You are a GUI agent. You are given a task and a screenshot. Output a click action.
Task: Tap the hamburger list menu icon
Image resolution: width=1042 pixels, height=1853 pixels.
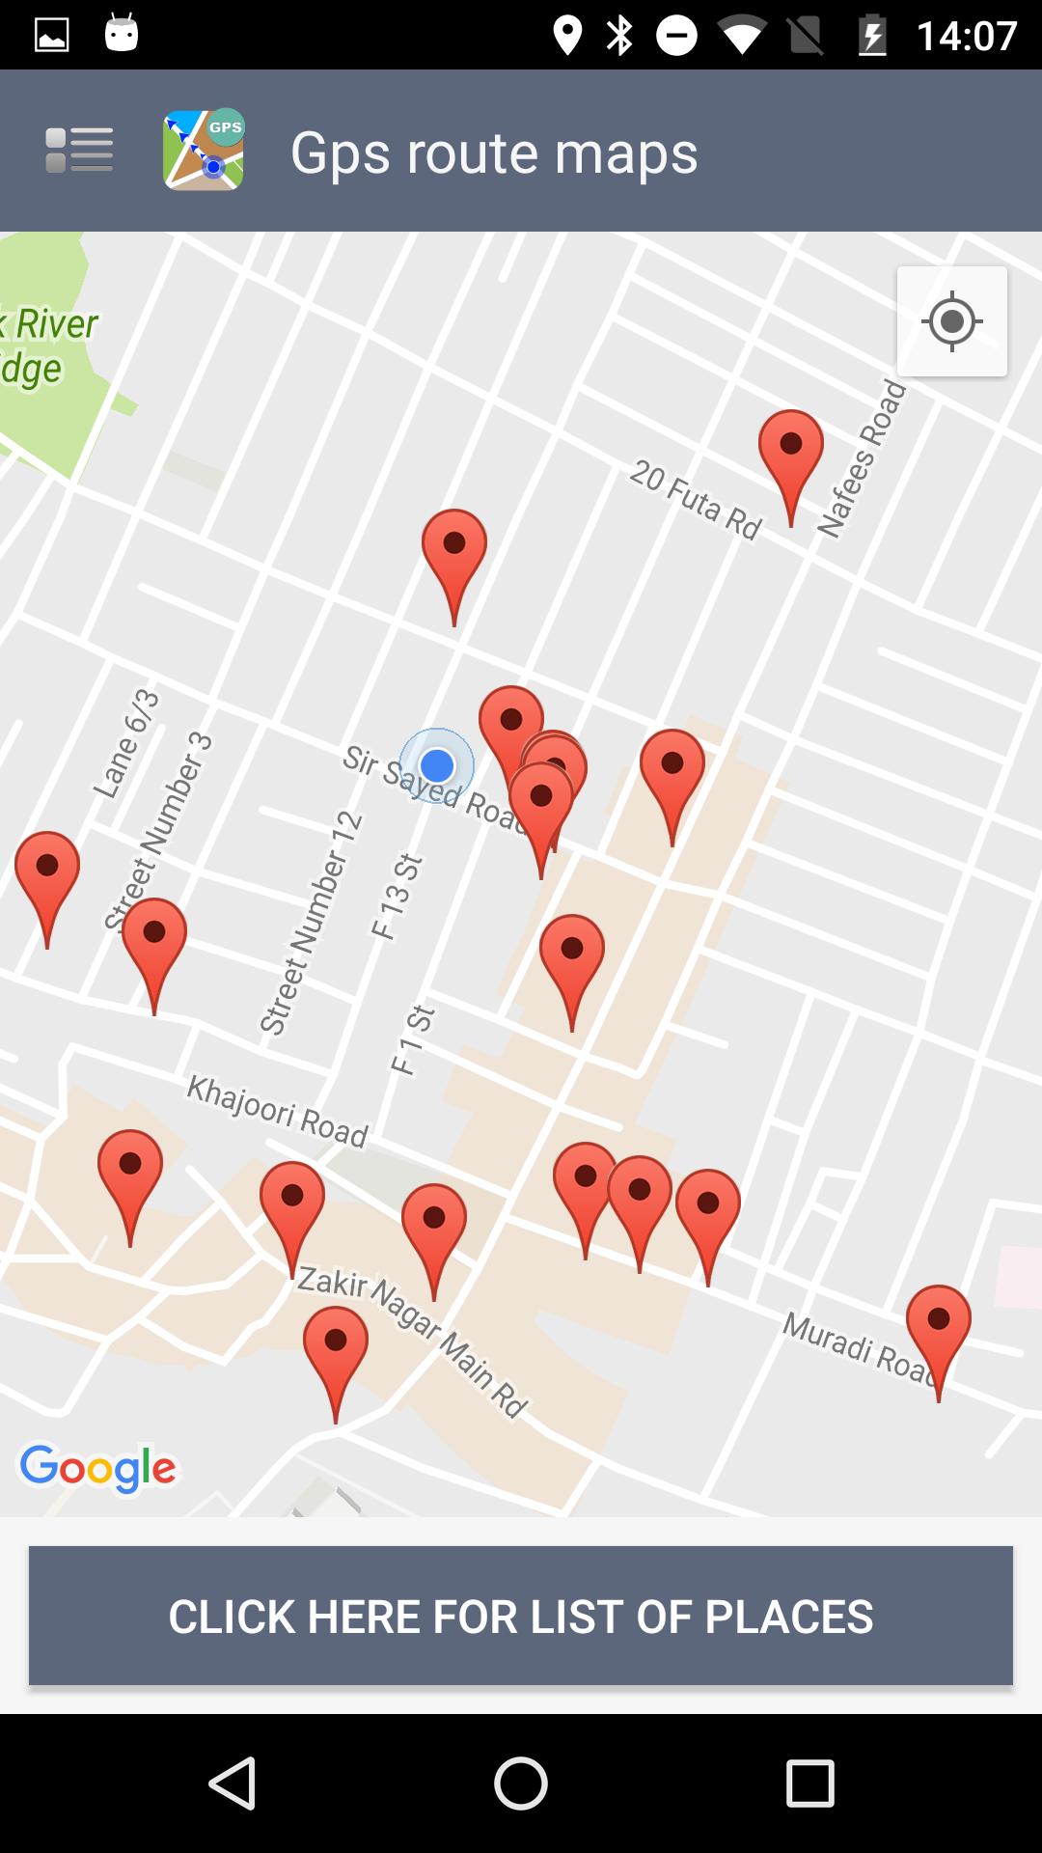(x=79, y=151)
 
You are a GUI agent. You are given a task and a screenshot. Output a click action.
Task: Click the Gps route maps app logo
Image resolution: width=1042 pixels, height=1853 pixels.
(x=203, y=150)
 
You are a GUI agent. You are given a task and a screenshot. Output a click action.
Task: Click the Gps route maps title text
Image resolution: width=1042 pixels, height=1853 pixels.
(x=494, y=152)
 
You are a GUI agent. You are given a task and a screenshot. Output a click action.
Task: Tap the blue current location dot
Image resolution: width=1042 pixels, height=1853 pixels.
(x=437, y=765)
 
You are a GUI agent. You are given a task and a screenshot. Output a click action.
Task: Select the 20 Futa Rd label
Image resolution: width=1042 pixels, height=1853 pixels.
(x=696, y=499)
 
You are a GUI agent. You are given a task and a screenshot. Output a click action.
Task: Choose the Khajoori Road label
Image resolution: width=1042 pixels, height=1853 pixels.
(x=277, y=1111)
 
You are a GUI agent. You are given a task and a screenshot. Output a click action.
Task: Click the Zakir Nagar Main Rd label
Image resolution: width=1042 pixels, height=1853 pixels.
(x=413, y=1342)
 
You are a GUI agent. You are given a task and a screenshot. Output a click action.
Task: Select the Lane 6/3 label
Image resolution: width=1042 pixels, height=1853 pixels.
(x=126, y=743)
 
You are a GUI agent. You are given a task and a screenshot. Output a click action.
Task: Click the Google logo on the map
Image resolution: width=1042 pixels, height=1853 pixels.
(x=97, y=1468)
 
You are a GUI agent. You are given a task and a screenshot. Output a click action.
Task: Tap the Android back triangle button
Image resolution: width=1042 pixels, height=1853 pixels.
(x=233, y=1783)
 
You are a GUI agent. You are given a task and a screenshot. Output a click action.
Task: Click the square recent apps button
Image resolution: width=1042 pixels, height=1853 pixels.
(x=809, y=1783)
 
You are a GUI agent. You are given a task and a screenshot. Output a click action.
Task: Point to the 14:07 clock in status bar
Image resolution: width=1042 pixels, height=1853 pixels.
(x=967, y=36)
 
